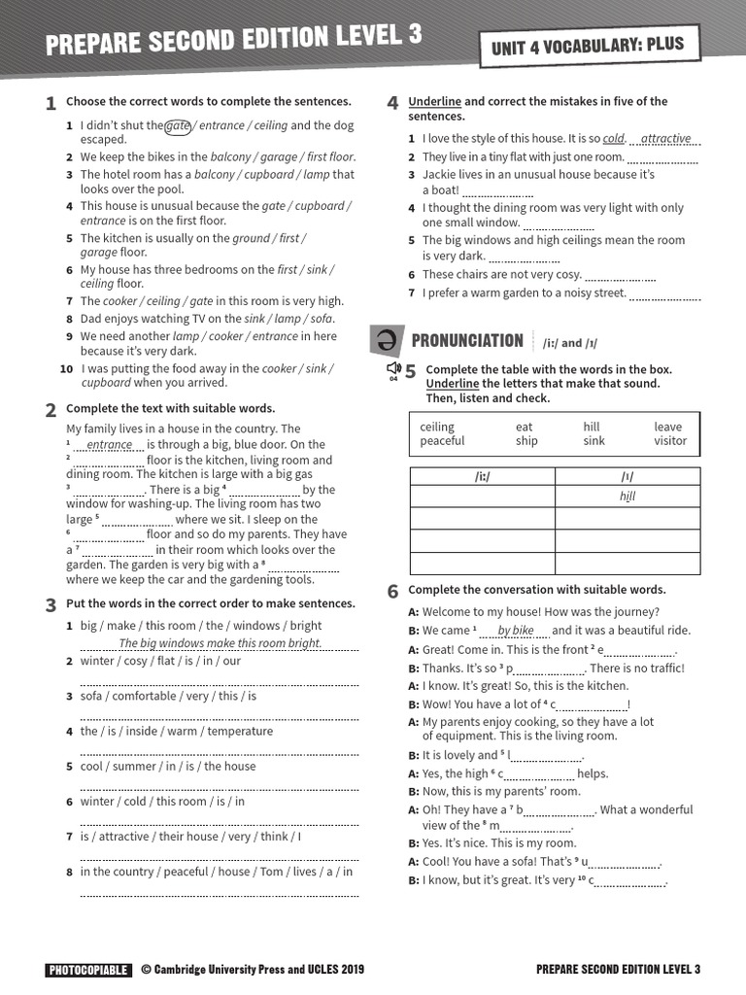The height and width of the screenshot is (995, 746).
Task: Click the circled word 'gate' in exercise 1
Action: [x=178, y=125]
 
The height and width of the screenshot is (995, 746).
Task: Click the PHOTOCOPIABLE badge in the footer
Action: [x=87, y=969]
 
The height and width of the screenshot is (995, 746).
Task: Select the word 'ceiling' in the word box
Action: [x=437, y=427]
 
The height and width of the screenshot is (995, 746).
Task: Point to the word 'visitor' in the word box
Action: [x=670, y=441]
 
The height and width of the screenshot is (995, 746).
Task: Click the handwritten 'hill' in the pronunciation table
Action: [x=627, y=497]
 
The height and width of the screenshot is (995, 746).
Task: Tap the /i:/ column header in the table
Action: [x=482, y=476]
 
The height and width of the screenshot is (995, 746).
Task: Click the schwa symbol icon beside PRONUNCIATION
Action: [x=385, y=340]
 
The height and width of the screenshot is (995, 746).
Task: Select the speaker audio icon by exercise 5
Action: [x=393, y=369]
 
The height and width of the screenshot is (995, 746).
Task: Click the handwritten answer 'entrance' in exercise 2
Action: [x=109, y=445]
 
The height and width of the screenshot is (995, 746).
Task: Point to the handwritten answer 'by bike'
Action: [x=516, y=631]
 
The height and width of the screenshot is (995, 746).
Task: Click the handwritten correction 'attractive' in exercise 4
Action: [x=666, y=139]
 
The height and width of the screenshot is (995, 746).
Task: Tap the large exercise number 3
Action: [x=51, y=605]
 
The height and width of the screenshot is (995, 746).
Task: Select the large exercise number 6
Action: [x=392, y=591]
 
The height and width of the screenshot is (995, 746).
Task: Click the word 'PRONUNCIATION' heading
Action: [x=467, y=340]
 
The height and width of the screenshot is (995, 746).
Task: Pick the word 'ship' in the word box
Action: [x=526, y=441]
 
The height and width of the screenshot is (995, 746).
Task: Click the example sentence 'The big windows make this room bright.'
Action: [x=220, y=643]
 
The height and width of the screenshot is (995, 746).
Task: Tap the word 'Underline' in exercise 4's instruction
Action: [x=434, y=101]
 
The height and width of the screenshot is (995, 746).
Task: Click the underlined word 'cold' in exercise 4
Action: [x=614, y=139]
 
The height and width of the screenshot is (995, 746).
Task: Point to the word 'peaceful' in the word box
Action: [x=442, y=441]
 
